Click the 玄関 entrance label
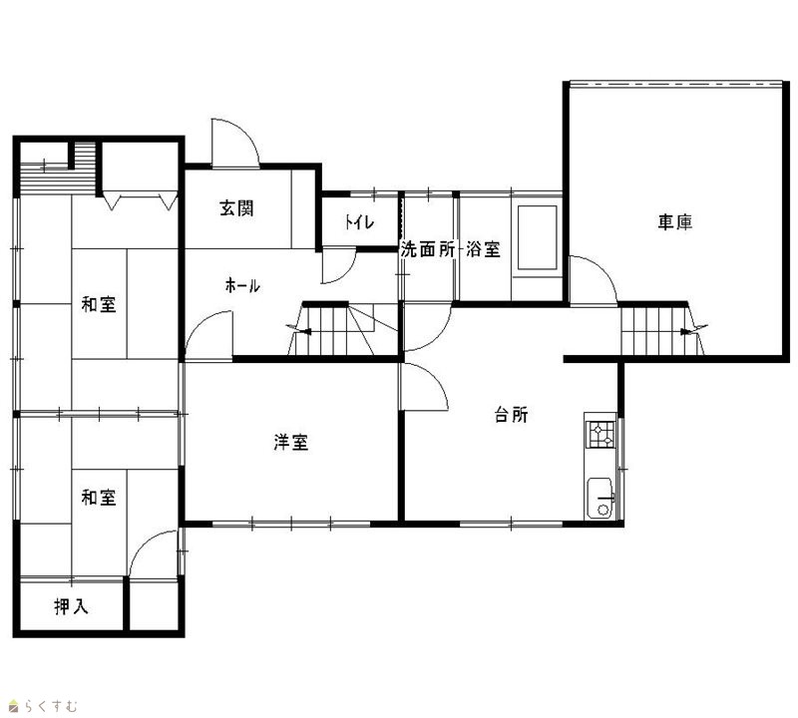click(236, 208)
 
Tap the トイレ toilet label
click(360, 221)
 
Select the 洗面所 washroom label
click(428, 249)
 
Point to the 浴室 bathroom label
click(483, 249)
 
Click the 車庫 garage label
click(675, 221)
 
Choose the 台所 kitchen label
click(512, 414)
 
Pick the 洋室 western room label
click(290, 442)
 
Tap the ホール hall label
click(242, 285)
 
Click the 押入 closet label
click(71, 606)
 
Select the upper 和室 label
click(99, 304)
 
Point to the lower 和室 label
click(99, 497)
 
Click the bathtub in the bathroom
click(537, 237)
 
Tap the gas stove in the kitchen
click(600, 434)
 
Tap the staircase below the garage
click(662, 331)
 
